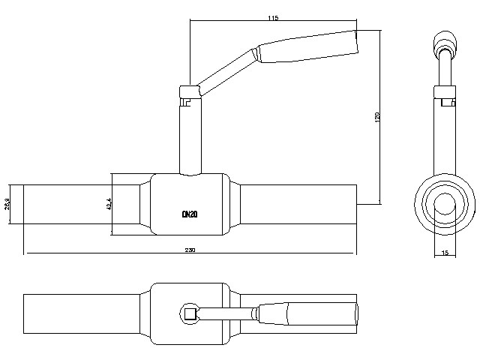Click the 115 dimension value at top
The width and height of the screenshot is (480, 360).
point(272,17)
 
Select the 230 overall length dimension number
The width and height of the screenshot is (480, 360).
point(190,250)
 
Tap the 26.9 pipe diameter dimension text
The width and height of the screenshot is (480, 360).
point(7,203)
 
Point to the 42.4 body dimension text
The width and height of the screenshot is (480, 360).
point(109,203)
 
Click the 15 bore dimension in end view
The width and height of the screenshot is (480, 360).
point(445,253)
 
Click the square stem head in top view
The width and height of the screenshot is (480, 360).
point(190,314)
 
